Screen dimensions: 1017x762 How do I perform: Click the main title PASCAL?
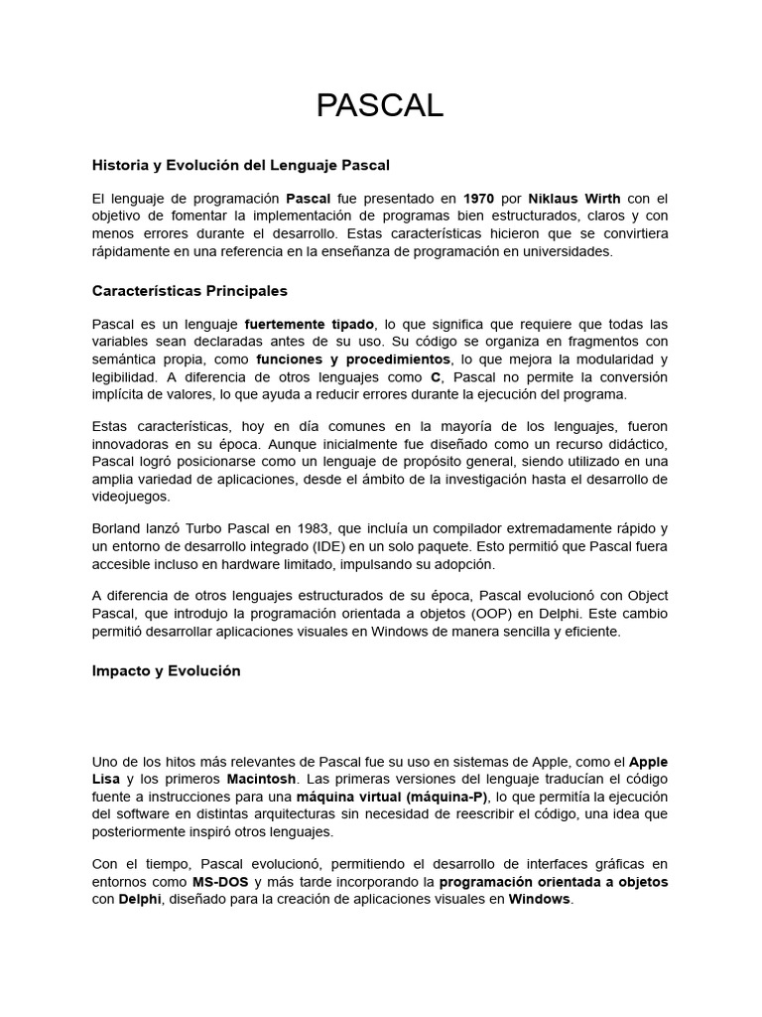pyautogui.click(x=380, y=105)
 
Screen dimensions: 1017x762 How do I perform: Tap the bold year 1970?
pyautogui.click(x=478, y=199)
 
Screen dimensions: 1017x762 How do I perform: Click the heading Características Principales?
pyautogui.click(x=190, y=291)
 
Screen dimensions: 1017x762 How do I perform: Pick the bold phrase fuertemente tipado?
pyautogui.click(x=310, y=324)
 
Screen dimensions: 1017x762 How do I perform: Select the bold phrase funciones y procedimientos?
pyautogui.click(x=353, y=359)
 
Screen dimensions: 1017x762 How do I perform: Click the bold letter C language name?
pyautogui.click(x=435, y=376)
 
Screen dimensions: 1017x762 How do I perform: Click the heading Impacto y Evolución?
pyautogui.click(x=166, y=670)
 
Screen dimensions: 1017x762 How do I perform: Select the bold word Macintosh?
pyautogui.click(x=261, y=779)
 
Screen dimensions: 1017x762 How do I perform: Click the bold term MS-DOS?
pyautogui.click(x=221, y=882)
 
